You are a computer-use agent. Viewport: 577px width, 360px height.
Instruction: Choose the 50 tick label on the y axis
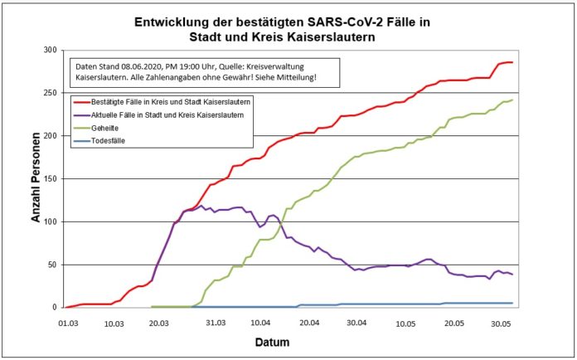51,265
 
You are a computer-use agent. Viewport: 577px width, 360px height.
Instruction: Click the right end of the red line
512,62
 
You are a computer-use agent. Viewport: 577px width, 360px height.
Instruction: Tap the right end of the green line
512,100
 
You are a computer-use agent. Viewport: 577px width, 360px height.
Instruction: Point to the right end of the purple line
512,275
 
